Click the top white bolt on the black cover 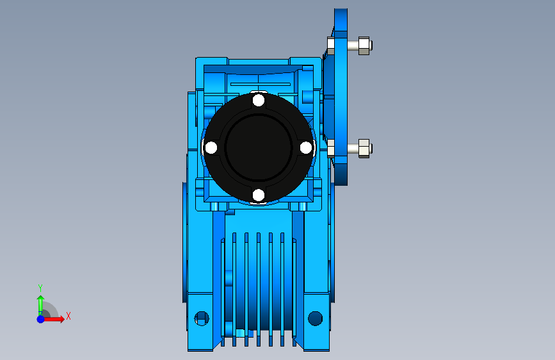point(259,101)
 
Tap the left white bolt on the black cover point(211,148)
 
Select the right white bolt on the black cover point(306,148)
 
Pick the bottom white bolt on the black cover point(259,195)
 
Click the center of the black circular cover point(259,148)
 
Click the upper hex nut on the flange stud point(364,45)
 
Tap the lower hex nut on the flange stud point(364,149)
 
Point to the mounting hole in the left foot point(202,318)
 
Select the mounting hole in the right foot point(316,318)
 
